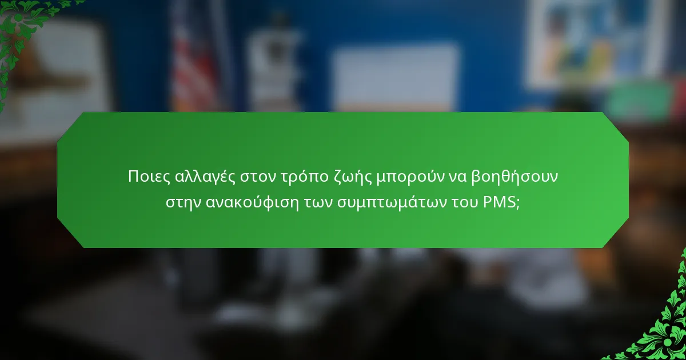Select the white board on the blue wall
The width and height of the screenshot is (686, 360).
point(395,77)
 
